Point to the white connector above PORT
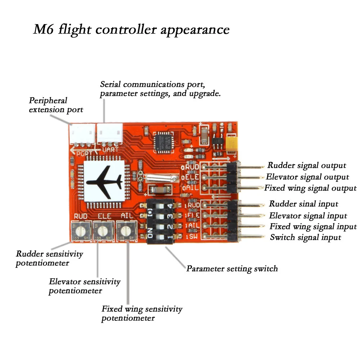(82, 134)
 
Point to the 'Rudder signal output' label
(306, 165)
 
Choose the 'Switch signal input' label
(305, 237)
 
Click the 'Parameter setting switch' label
(232, 269)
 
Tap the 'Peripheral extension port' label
(56, 105)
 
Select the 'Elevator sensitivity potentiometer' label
(85, 286)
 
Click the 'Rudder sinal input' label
(303, 204)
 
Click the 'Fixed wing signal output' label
(310, 188)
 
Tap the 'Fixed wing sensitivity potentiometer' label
(142, 313)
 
